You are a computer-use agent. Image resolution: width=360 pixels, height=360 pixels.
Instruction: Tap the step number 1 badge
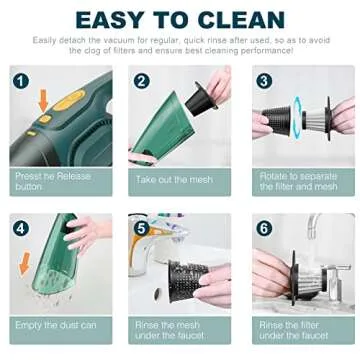(x=21, y=81)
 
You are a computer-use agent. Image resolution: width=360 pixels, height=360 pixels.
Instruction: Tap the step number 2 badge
(x=142, y=81)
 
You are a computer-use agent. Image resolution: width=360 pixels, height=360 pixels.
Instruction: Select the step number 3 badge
(x=264, y=81)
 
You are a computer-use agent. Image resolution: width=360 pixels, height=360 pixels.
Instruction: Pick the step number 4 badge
(x=21, y=228)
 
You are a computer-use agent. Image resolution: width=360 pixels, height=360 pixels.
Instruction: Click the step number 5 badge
(x=142, y=228)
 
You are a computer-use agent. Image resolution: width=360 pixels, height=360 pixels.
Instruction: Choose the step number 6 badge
(x=264, y=228)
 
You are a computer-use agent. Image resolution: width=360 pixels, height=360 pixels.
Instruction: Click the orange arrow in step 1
(x=42, y=101)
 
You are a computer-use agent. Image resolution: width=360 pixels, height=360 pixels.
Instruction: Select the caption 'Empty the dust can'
(x=55, y=326)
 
